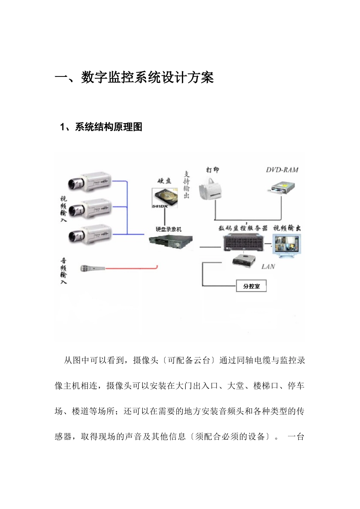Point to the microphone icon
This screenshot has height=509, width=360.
pos(92,269)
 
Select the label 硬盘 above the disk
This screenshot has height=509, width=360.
pos(164,181)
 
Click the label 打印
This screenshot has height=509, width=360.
pos(213,170)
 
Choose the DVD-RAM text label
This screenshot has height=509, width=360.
pos(282,170)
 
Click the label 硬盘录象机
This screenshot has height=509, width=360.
pos(169,229)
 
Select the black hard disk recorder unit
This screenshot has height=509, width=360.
pos(170,242)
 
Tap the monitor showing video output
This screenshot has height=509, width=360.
pos(287,245)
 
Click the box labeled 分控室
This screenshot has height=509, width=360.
pos(251,286)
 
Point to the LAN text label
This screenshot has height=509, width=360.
pos(268,267)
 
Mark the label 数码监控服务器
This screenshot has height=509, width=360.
pos(243,228)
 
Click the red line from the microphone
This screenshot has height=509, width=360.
pos(133,269)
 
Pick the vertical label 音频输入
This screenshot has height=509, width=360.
pos(64,271)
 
